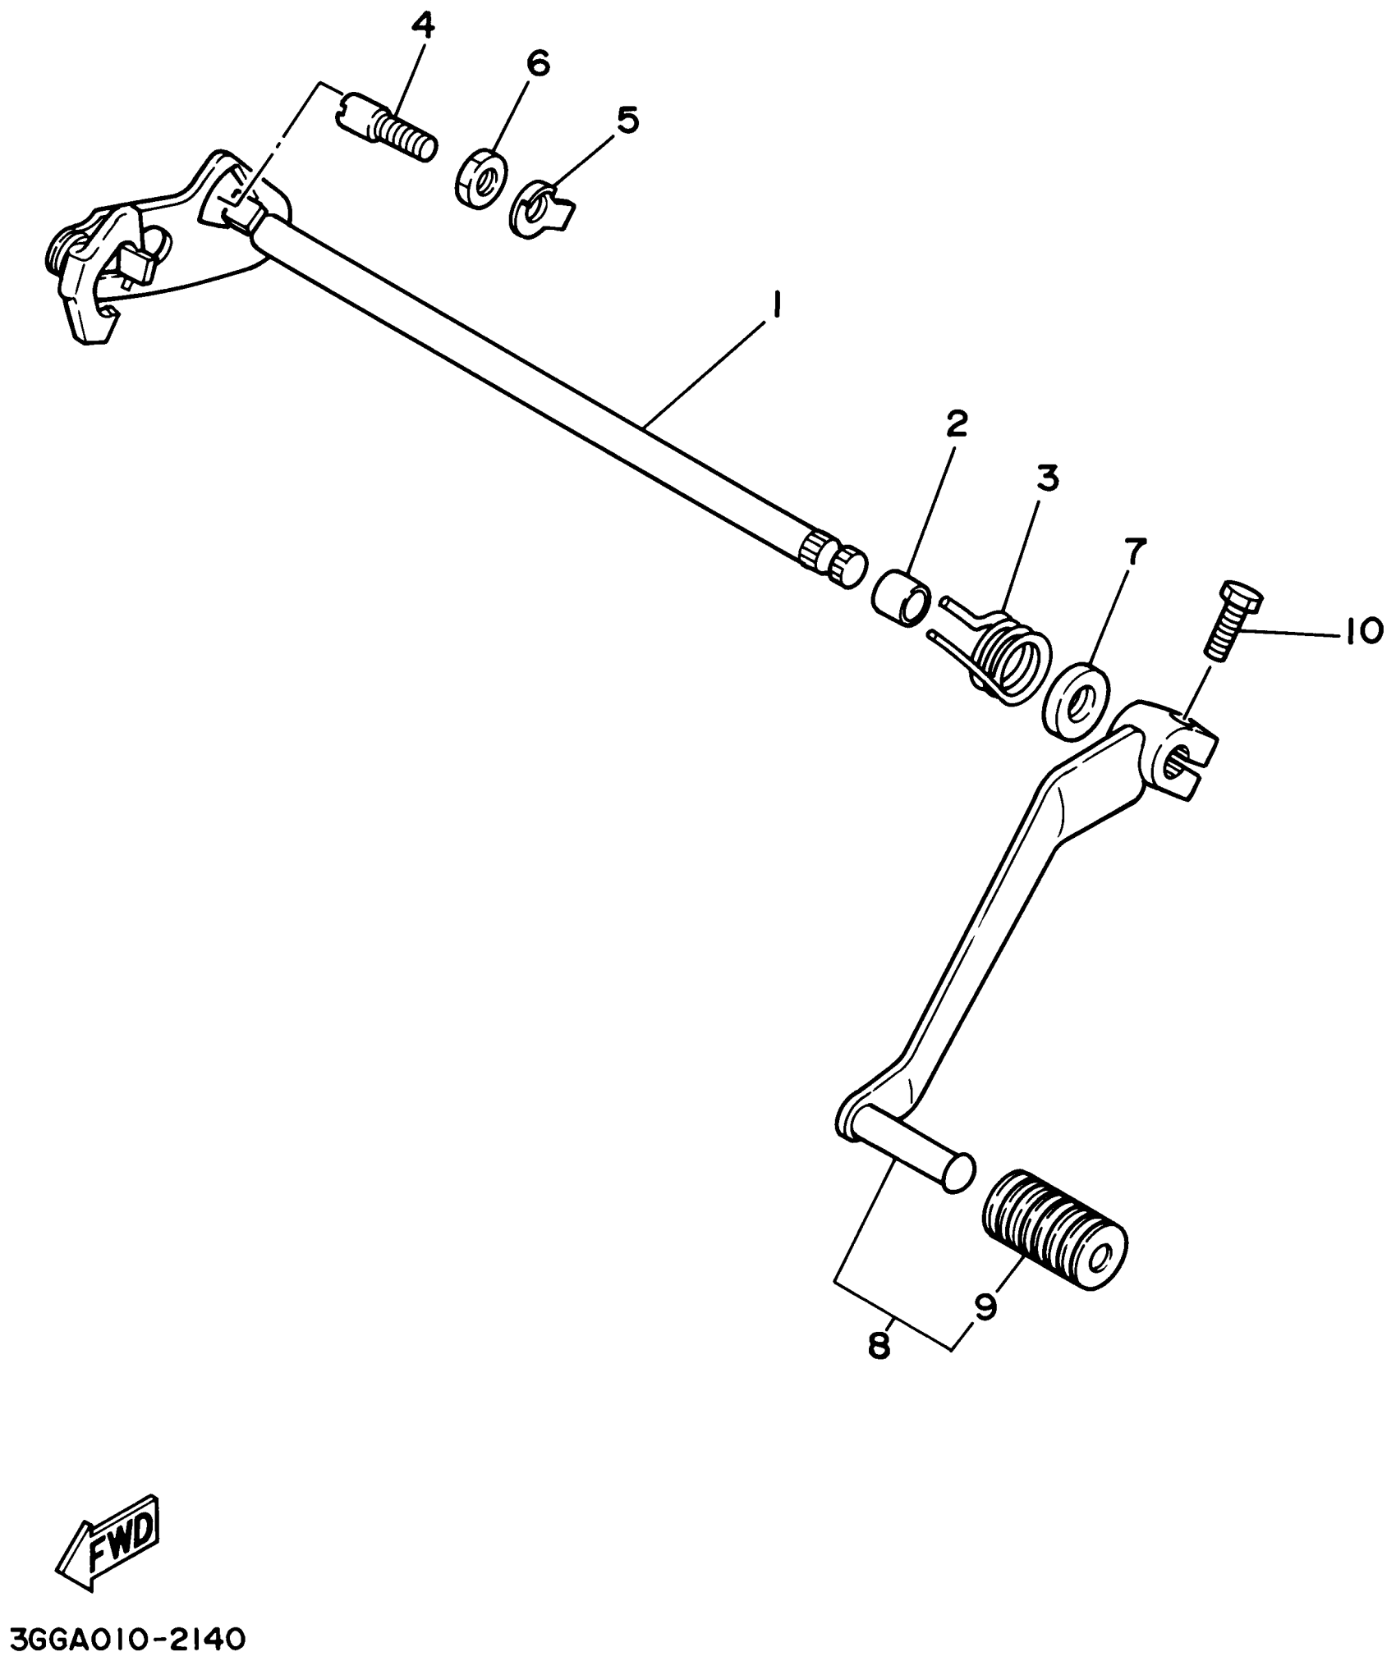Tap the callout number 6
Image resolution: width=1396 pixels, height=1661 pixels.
538,64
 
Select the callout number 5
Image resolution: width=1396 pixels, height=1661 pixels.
627,120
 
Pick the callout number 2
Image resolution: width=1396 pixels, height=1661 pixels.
957,423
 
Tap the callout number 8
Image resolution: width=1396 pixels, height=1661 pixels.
879,1346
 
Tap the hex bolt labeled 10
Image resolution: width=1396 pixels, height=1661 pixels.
1233,620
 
